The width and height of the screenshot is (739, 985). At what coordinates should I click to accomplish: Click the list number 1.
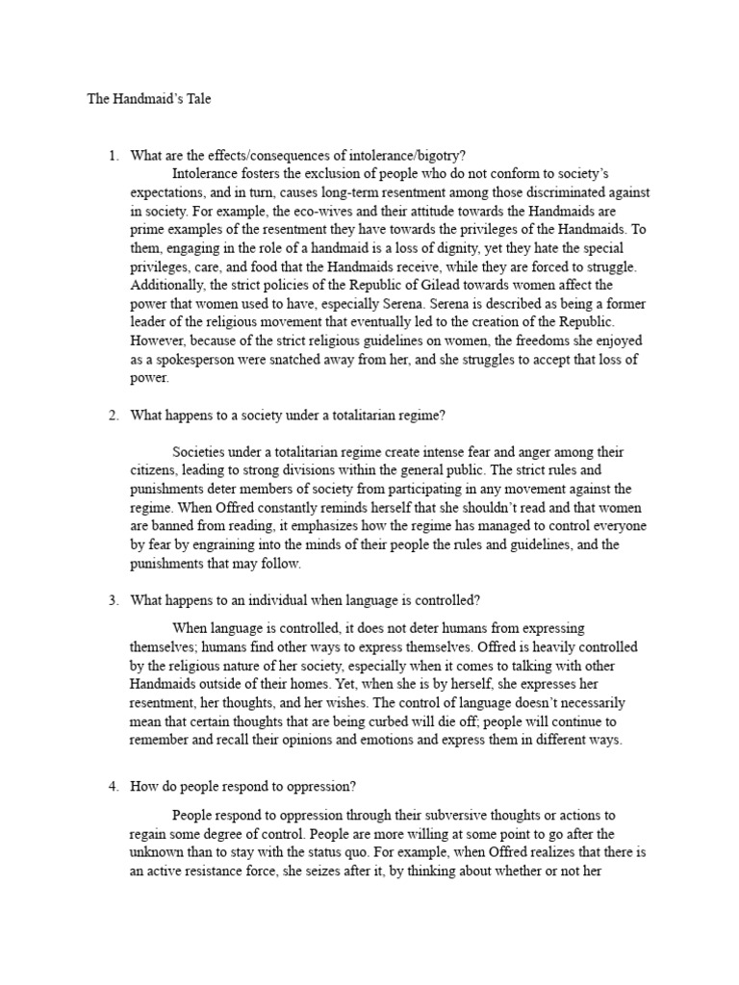pos(113,155)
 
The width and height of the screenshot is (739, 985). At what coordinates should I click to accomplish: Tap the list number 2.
pos(113,416)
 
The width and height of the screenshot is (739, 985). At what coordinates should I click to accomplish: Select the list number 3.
pos(113,600)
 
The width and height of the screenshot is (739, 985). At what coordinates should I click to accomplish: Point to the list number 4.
pos(113,786)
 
